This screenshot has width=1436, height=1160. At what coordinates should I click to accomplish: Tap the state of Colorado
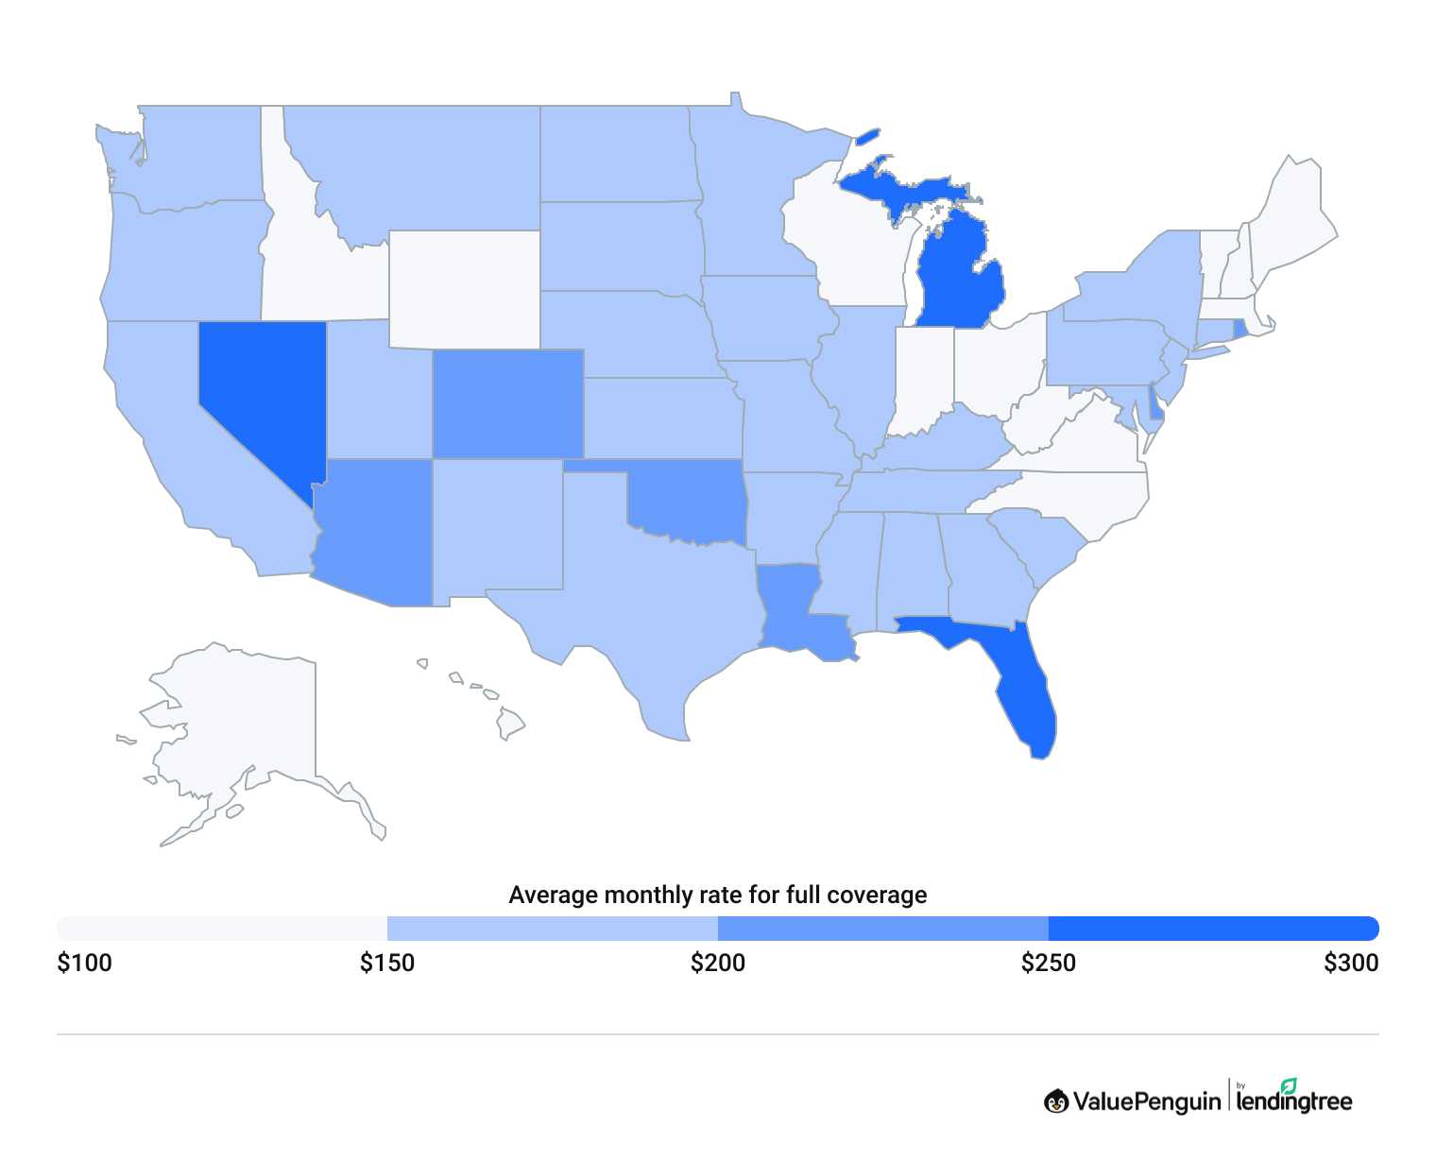pos(507,404)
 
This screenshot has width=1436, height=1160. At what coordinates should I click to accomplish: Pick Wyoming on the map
pos(464,289)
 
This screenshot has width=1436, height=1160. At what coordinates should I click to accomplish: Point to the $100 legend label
pos(85,964)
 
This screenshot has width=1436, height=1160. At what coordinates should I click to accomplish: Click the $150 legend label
pos(387,964)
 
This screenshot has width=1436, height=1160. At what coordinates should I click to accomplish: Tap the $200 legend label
pos(718,964)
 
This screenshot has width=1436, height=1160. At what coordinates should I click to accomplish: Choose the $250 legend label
pos(1049,964)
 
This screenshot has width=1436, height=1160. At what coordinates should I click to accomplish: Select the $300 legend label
pos(1351,964)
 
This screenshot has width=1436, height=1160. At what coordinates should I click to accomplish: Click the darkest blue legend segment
pos(1213,929)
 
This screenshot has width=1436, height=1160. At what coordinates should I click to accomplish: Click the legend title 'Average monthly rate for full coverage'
pos(718,895)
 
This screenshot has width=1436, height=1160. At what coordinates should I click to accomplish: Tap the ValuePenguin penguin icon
pos(1056,1101)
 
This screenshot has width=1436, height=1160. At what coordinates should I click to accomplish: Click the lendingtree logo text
pos(1294,1101)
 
